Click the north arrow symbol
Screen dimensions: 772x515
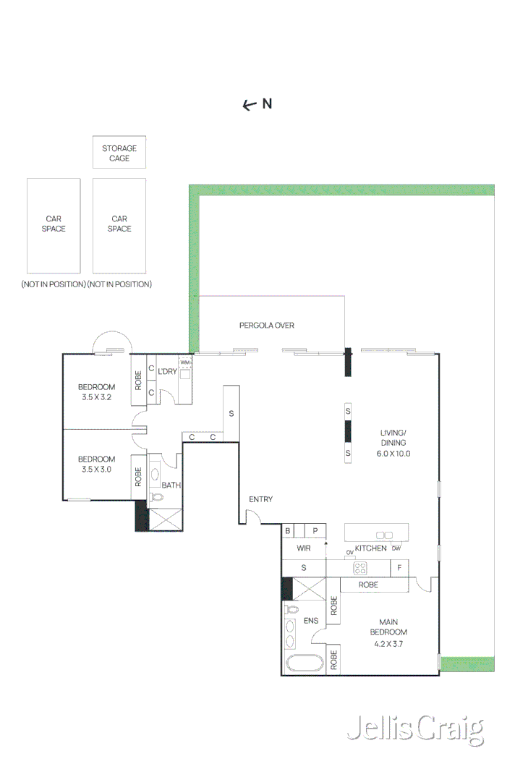coord(250,105)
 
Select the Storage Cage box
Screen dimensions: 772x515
coord(119,153)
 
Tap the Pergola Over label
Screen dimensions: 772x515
coord(266,326)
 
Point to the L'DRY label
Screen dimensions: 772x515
coord(167,371)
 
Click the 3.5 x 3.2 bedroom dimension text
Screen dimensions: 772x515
coord(97,396)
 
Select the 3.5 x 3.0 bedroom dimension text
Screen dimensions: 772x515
coord(97,469)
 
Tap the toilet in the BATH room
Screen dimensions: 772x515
coord(155,497)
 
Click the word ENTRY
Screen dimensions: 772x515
coord(260,499)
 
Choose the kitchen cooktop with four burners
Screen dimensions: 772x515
coord(360,568)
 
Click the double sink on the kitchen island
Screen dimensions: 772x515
coord(385,535)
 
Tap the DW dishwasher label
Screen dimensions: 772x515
coord(396,548)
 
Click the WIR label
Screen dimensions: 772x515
coord(303,548)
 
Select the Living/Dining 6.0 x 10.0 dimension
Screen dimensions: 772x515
coord(393,454)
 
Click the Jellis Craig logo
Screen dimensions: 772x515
coord(414,729)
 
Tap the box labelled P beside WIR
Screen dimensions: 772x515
coord(315,531)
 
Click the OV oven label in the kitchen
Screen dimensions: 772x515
coord(349,553)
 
